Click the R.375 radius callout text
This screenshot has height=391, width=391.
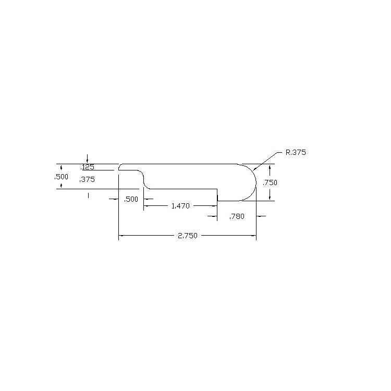pos(296,153)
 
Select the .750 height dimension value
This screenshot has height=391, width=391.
pos(270,182)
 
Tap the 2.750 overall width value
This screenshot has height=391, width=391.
pos(187,236)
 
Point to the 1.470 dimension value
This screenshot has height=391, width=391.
pos(180,206)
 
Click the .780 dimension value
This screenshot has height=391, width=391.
pos(237,216)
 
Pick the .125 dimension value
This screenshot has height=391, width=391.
pos(87,168)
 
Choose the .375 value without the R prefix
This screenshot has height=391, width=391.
pos(87,179)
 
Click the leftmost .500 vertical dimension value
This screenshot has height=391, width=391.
pos(62,177)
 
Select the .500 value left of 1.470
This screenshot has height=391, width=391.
pos(131,199)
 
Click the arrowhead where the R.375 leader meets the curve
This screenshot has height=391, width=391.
pos(254,169)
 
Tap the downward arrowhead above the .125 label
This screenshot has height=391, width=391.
pos(88,161)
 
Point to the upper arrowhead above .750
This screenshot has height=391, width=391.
pos(270,167)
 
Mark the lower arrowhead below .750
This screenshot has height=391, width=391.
pos(270,198)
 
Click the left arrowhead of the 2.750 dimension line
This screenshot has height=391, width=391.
pos(121,236)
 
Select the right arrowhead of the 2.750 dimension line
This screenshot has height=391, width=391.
pos(254,236)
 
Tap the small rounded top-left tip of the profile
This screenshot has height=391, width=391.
pos(119,167)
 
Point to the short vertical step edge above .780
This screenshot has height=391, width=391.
pos(217,195)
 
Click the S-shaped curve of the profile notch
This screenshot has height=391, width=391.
pos(143,179)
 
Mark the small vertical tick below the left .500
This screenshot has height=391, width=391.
pos(88,195)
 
